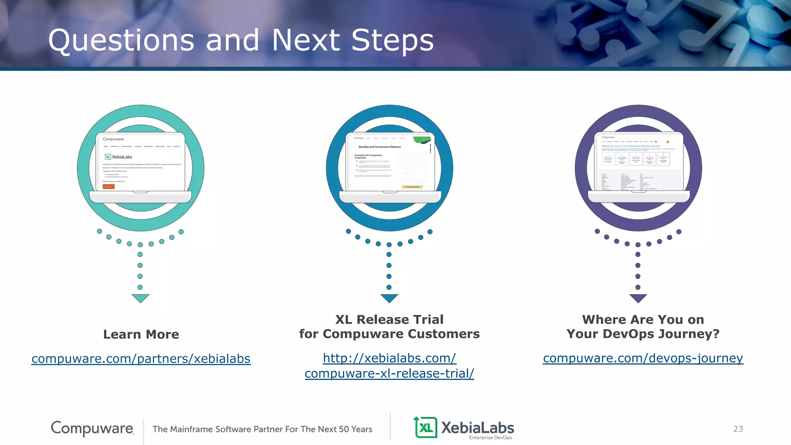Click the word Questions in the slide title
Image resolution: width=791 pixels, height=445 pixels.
point(121,41)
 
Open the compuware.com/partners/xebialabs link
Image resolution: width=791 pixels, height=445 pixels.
point(141,358)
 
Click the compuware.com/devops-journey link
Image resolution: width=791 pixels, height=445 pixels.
point(643,358)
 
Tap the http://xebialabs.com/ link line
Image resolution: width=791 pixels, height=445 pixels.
point(389,358)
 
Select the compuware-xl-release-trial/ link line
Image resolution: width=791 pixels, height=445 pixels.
point(389,374)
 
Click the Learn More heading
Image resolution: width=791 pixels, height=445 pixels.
point(141,334)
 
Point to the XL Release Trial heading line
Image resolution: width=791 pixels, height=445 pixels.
point(389,319)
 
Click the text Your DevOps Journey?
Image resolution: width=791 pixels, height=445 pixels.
point(643,334)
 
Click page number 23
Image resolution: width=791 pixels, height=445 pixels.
point(738,429)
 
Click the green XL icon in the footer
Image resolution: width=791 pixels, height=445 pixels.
point(426,428)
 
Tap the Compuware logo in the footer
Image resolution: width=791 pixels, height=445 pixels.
point(92,428)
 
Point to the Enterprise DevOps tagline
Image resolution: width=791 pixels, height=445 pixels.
point(490,438)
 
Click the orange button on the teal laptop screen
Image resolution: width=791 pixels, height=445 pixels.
point(109,187)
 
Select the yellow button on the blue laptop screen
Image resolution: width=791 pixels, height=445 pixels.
point(412,187)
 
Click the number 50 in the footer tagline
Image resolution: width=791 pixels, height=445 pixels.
point(343,429)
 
